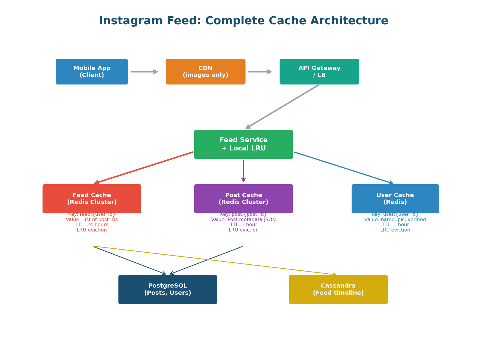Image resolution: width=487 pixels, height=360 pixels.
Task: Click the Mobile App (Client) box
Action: (x=92, y=72)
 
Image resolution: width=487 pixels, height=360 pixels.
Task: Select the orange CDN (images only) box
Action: (x=206, y=72)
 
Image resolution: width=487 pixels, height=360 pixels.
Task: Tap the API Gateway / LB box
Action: (x=319, y=72)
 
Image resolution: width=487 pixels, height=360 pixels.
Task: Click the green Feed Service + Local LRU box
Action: (x=243, y=144)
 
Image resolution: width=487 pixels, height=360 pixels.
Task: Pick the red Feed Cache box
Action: (x=92, y=199)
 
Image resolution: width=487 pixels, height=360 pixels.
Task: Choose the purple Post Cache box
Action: (x=243, y=199)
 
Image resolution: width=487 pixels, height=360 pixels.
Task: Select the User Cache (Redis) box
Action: (x=395, y=199)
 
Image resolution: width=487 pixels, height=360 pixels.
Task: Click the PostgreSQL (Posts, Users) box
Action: (x=168, y=289)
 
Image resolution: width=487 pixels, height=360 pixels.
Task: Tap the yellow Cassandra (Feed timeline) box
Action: (x=338, y=289)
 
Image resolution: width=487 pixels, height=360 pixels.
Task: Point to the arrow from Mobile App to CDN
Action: (x=144, y=72)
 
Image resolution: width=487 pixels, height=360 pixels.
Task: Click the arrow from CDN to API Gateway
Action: (x=260, y=72)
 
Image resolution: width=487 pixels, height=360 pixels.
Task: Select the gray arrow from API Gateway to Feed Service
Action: (x=282, y=107)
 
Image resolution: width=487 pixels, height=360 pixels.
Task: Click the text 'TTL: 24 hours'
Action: (x=92, y=225)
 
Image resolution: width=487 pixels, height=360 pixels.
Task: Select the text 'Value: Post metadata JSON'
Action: (x=243, y=220)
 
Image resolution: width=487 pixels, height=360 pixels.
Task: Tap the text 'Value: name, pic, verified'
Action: (x=395, y=220)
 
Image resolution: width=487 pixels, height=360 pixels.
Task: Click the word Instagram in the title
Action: (x=131, y=21)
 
